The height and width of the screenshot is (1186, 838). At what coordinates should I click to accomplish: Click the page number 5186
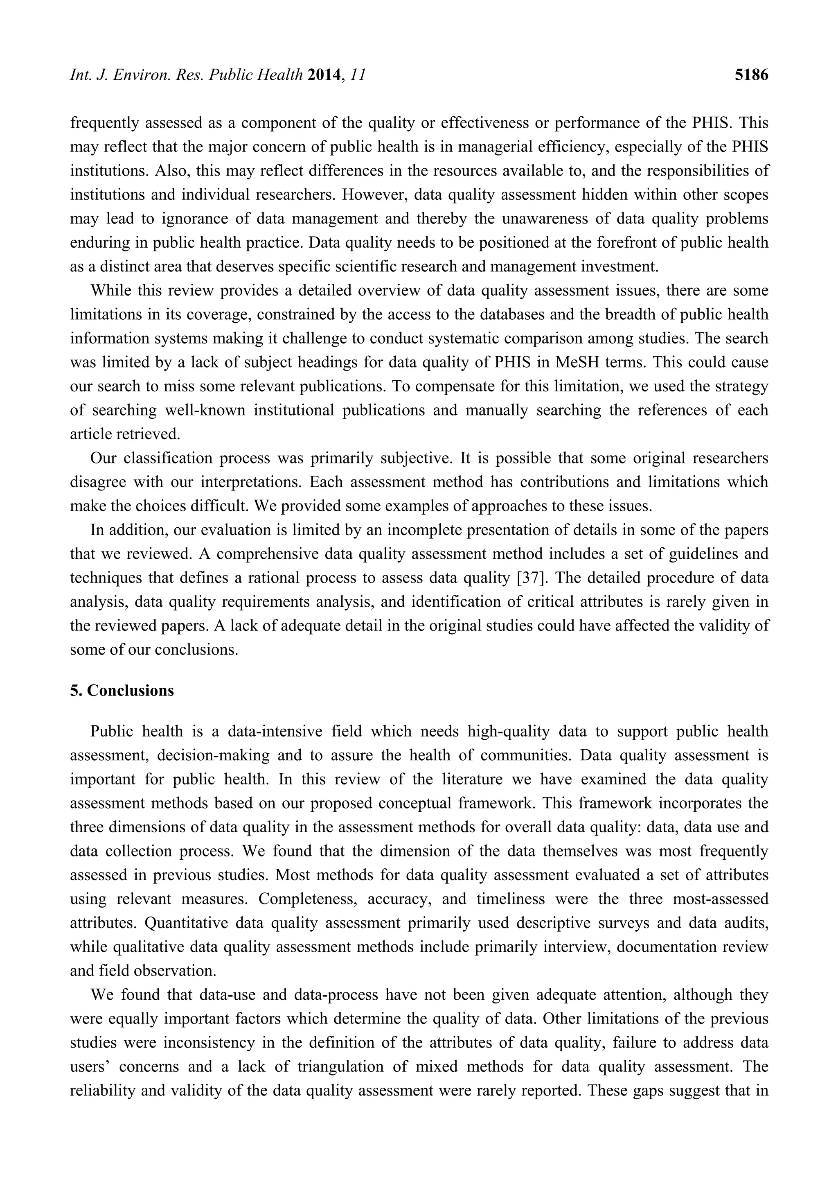[x=751, y=75]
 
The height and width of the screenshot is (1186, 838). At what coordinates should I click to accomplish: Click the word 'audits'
[x=741, y=923]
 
